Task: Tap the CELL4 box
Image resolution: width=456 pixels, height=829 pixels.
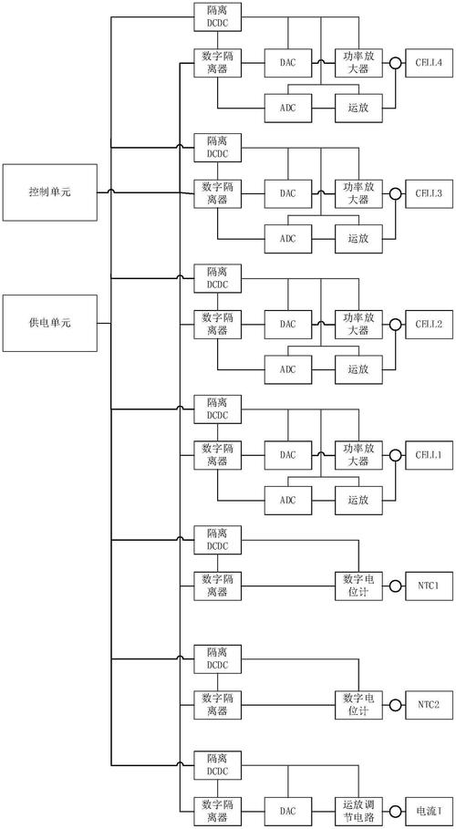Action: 428,63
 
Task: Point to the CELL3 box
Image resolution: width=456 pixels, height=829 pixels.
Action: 428,193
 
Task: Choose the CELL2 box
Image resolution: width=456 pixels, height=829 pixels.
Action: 428,324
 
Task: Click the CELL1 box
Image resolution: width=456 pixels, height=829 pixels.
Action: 428,454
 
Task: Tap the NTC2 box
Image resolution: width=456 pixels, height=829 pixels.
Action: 428,704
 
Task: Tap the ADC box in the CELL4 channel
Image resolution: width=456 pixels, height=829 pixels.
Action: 288,109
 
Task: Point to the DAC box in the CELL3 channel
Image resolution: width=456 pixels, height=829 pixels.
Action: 288,193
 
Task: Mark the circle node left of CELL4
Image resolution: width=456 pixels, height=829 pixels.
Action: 395,64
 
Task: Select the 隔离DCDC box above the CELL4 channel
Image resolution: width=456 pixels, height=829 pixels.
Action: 218,15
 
